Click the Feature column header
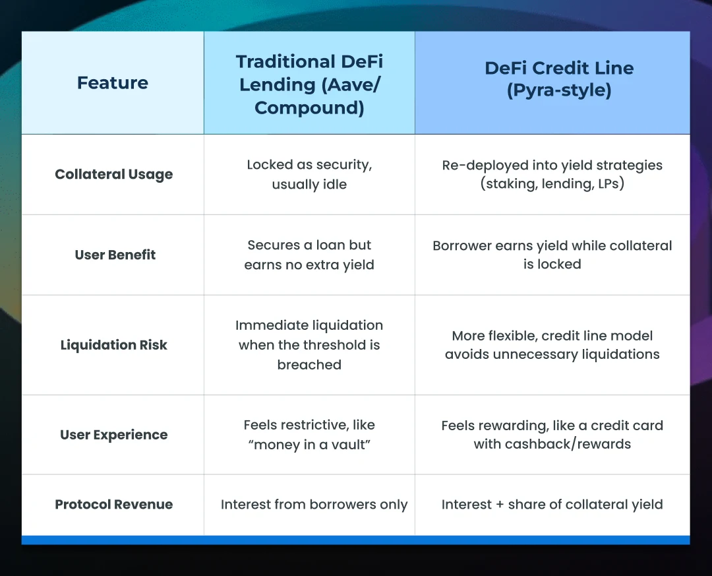[113, 83]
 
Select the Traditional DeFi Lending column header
[309, 84]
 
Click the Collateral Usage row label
[114, 175]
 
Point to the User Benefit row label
[115, 255]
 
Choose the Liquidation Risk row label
[114, 345]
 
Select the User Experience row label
[114, 435]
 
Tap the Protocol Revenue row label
[114, 505]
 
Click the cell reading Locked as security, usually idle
[309, 175]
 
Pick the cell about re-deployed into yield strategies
[552, 175]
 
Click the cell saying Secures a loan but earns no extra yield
[309, 255]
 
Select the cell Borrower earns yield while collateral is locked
[552, 255]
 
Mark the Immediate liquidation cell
[309, 345]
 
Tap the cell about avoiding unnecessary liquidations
[552, 345]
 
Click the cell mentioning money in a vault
[309, 435]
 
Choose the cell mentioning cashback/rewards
[552, 435]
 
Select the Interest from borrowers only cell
[314, 505]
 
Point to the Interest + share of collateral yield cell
[552, 505]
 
